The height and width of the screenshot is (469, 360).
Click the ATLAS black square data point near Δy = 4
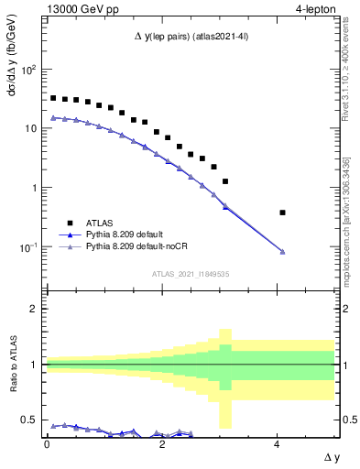282,213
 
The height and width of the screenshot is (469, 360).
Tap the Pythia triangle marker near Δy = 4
282,252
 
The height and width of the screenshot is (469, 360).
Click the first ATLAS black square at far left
53,98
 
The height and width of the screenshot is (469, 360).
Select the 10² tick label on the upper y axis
29,70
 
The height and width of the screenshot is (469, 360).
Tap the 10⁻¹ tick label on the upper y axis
29,247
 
